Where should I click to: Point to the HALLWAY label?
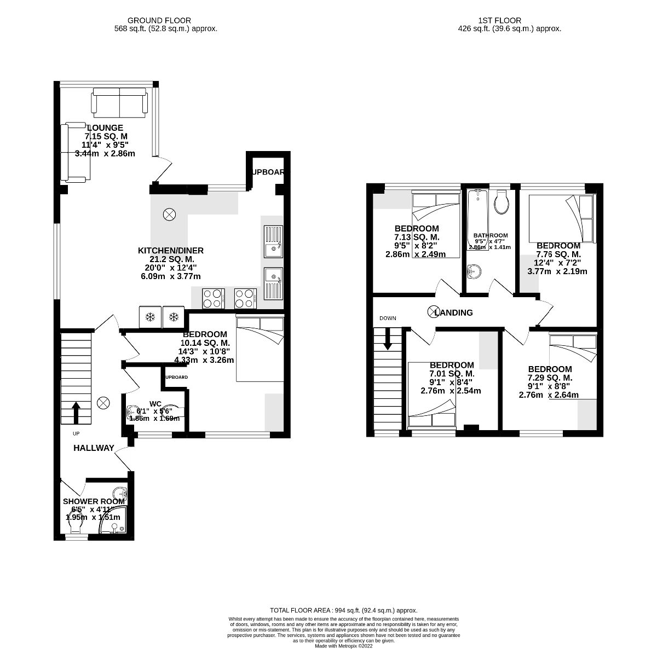pyautogui.click(x=94, y=448)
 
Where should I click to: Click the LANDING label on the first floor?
pyautogui.click(x=454, y=313)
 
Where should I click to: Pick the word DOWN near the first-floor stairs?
pyautogui.click(x=388, y=318)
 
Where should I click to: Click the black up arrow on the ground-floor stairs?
pyautogui.click(x=75, y=412)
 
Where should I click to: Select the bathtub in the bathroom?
pyautogui.click(x=478, y=219)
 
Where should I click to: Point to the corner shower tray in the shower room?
pyautogui.click(x=114, y=520)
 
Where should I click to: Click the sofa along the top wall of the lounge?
pyautogui.click(x=119, y=101)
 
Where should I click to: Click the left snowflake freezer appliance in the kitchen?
pyautogui.click(x=151, y=317)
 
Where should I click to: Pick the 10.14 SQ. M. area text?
pyautogui.click(x=204, y=343)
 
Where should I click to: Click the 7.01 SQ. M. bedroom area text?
pyautogui.click(x=452, y=374)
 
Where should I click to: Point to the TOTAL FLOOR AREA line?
pyautogui.click(x=344, y=610)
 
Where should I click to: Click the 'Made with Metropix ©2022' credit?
pyautogui.click(x=343, y=645)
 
